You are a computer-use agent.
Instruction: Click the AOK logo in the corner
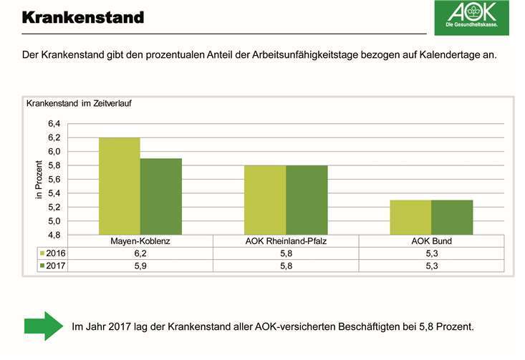pyautogui.click(x=471, y=18)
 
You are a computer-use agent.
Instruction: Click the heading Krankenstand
pyautogui.click(x=82, y=16)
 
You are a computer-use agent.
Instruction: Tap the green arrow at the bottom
pyautogui.click(x=44, y=326)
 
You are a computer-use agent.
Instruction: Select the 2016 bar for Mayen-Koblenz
pyautogui.click(x=120, y=186)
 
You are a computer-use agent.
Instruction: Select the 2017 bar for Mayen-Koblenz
pyautogui.click(x=161, y=197)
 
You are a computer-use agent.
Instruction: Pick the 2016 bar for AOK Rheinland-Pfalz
pyautogui.click(x=265, y=200)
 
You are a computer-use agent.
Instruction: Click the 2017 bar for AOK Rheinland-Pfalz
pyautogui.click(x=307, y=200)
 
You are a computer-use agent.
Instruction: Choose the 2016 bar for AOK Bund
pyautogui.click(x=410, y=218)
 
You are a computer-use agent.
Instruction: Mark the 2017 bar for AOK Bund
pyautogui.click(x=452, y=218)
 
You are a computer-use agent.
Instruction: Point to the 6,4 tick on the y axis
pyautogui.click(x=55, y=124)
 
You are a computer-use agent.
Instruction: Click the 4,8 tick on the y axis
pyautogui.click(x=55, y=235)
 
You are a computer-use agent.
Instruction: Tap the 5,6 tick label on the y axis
pyautogui.click(x=55, y=180)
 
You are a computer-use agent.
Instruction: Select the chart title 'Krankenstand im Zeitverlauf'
pyautogui.click(x=79, y=103)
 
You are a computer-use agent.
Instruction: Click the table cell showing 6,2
pyautogui.click(x=140, y=253)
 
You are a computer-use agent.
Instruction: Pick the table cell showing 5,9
pyautogui.click(x=140, y=266)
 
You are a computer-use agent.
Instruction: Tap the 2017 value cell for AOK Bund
pyautogui.click(x=431, y=266)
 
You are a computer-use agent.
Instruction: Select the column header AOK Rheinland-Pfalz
pyautogui.click(x=286, y=241)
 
